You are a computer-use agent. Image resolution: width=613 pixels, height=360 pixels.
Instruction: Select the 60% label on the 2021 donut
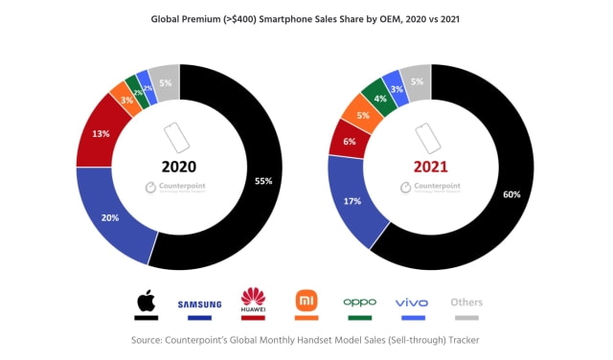click(512, 194)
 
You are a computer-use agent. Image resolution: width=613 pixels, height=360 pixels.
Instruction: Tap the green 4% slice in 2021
click(379, 98)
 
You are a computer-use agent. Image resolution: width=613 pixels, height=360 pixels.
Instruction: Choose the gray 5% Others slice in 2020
click(165, 82)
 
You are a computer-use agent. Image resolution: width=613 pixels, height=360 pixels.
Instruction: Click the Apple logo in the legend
click(146, 304)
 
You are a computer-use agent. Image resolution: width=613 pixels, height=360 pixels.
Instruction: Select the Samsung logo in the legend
click(199, 304)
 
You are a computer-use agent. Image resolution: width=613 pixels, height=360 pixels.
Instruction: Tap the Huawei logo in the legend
click(252, 301)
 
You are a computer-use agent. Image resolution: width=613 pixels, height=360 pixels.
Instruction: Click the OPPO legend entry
click(360, 303)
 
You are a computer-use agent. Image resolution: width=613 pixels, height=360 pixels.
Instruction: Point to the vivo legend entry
click(412, 303)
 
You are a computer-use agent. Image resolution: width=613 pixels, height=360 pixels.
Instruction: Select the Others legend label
click(466, 303)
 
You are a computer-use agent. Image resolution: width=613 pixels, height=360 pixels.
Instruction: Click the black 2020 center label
click(179, 166)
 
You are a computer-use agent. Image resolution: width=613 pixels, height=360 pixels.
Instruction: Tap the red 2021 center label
click(430, 167)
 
